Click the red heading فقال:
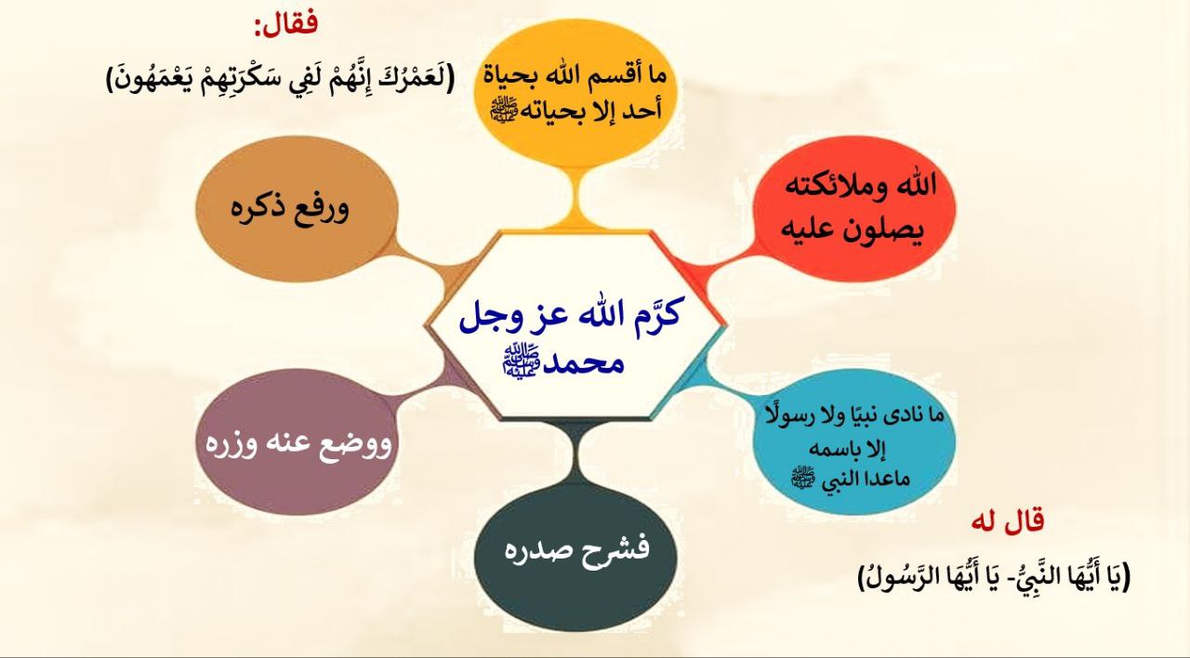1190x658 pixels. coord(286,24)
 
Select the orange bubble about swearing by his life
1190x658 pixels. coord(575,93)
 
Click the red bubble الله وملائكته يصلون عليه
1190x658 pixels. coord(856,209)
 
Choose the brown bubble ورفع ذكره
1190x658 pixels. coord(297,209)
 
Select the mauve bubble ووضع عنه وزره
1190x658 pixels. coord(297,441)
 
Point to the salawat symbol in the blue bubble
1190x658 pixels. coord(803,477)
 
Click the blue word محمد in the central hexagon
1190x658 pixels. coord(585,363)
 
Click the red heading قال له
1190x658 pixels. coord(1007,521)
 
